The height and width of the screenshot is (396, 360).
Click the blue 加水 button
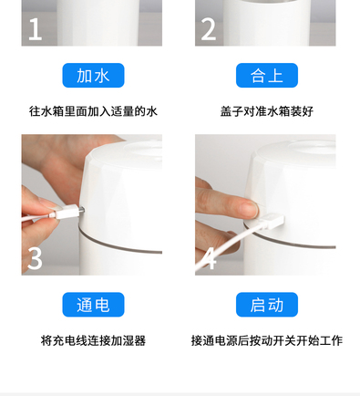click(93, 76)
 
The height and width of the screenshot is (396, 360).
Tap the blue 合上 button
click(267, 76)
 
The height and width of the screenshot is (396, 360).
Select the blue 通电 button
click(93, 305)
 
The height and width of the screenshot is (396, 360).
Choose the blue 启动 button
click(267, 305)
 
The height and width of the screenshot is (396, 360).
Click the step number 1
click(35, 29)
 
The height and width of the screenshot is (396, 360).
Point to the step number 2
click(209, 29)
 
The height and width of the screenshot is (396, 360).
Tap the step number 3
click(35, 258)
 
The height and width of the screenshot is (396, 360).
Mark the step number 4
click(210, 258)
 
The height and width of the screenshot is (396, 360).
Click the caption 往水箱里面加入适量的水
click(93, 111)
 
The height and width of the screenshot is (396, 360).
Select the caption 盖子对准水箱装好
click(267, 111)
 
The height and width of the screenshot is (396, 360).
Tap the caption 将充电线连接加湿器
click(93, 340)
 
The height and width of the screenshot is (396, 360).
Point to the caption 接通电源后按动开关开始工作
click(267, 340)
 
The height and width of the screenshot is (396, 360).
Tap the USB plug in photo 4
click(271, 221)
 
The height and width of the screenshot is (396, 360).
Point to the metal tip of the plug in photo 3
click(81, 210)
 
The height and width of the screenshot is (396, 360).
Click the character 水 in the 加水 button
click(102, 76)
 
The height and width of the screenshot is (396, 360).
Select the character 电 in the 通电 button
click(102, 305)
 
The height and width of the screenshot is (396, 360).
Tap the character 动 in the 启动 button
click(276, 305)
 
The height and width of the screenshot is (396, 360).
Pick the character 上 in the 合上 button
click(276, 76)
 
